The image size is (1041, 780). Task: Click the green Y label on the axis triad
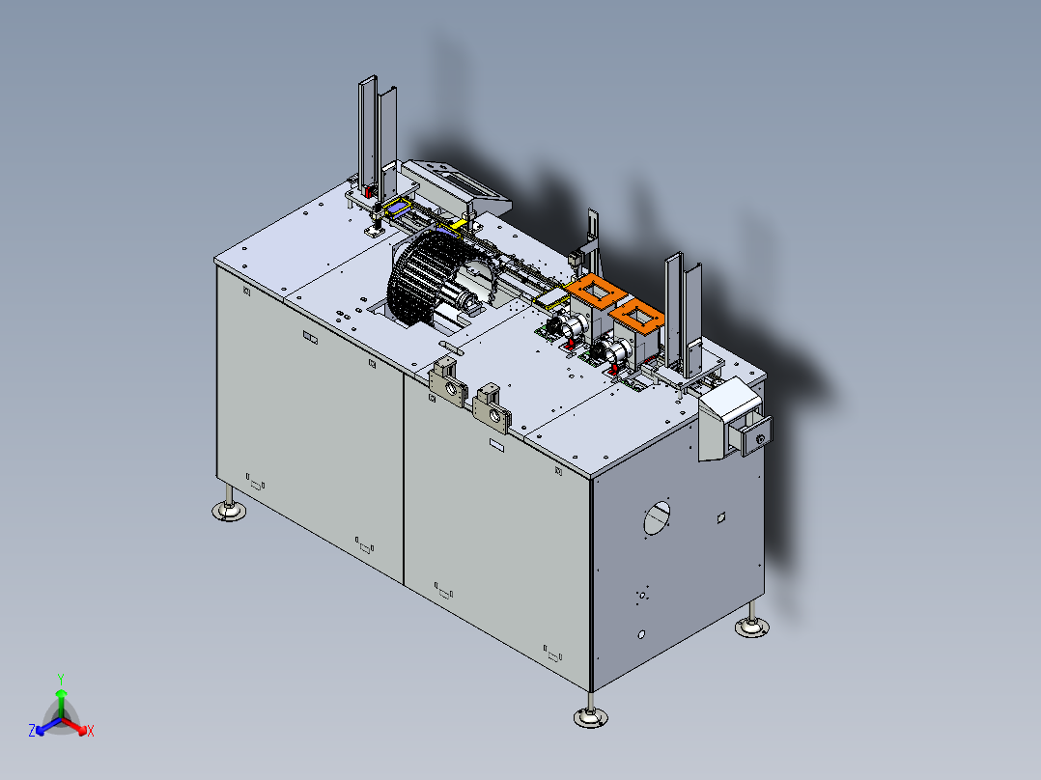(x=61, y=679)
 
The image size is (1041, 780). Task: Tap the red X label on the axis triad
(x=91, y=731)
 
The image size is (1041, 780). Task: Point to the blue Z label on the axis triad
(x=32, y=730)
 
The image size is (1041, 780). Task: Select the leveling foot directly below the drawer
(x=752, y=623)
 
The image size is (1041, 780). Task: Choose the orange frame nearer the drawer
(x=636, y=316)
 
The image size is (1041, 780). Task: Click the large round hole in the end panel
(x=657, y=518)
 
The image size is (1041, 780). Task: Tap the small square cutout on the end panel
(x=721, y=517)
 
